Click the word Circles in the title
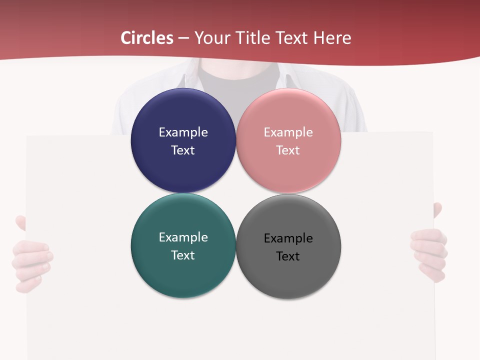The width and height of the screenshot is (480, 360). coord(147,38)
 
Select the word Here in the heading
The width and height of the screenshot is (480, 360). coord(332,38)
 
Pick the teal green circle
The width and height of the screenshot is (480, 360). coord(183,275)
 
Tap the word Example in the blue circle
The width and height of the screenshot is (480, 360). coord(183,132)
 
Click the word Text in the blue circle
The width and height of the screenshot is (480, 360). coord(183,150)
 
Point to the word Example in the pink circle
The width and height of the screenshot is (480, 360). coord(288,132)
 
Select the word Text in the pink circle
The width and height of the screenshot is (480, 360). coord(288,150)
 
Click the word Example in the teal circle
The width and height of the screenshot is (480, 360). coord(183,237)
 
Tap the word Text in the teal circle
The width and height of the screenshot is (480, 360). coord(183,255)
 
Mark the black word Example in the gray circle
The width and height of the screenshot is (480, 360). coord(288,238)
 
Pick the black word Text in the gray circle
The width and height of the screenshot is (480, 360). coord(288,256)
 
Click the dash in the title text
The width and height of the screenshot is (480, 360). coord(183,38)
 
